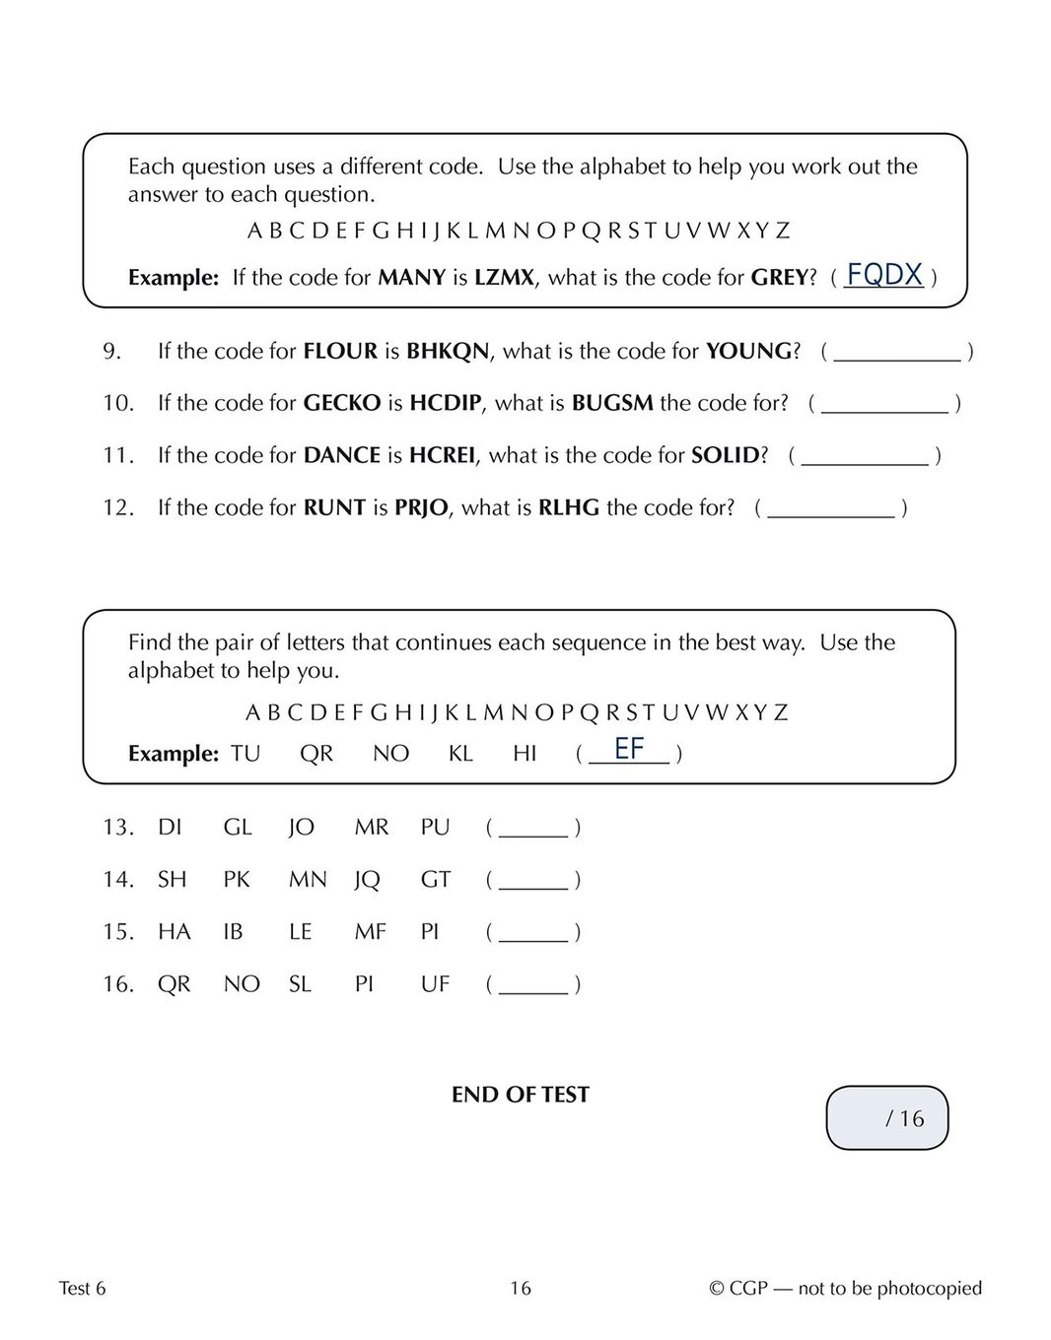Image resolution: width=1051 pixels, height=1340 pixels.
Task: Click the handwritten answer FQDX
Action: [884, 274]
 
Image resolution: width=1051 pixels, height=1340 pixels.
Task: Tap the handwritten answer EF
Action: [629, 749]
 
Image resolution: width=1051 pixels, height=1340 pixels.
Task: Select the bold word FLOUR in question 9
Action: [340, 352]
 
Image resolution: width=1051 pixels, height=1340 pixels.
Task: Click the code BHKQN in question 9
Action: [448, 352]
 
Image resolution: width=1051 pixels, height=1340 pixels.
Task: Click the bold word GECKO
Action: [341, 403]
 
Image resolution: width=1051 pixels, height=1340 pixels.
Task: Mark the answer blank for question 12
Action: [831, 509]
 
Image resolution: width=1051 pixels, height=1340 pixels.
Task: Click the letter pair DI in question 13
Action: [170, 827]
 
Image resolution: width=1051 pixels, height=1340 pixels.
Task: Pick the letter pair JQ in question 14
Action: [367, 879]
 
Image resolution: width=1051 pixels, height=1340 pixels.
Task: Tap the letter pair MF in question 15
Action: [370, 931]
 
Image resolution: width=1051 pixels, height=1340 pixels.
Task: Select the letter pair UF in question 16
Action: [435, 983]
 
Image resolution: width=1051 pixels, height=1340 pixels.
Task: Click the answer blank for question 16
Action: [533, 985]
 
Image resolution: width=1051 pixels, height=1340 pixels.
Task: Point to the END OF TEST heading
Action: [520, 1095]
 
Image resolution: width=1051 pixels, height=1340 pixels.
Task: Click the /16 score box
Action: [886, 1118]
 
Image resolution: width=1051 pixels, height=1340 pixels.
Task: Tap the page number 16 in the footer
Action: [521, 1288]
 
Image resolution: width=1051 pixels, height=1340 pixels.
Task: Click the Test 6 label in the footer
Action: [82, 1288]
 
